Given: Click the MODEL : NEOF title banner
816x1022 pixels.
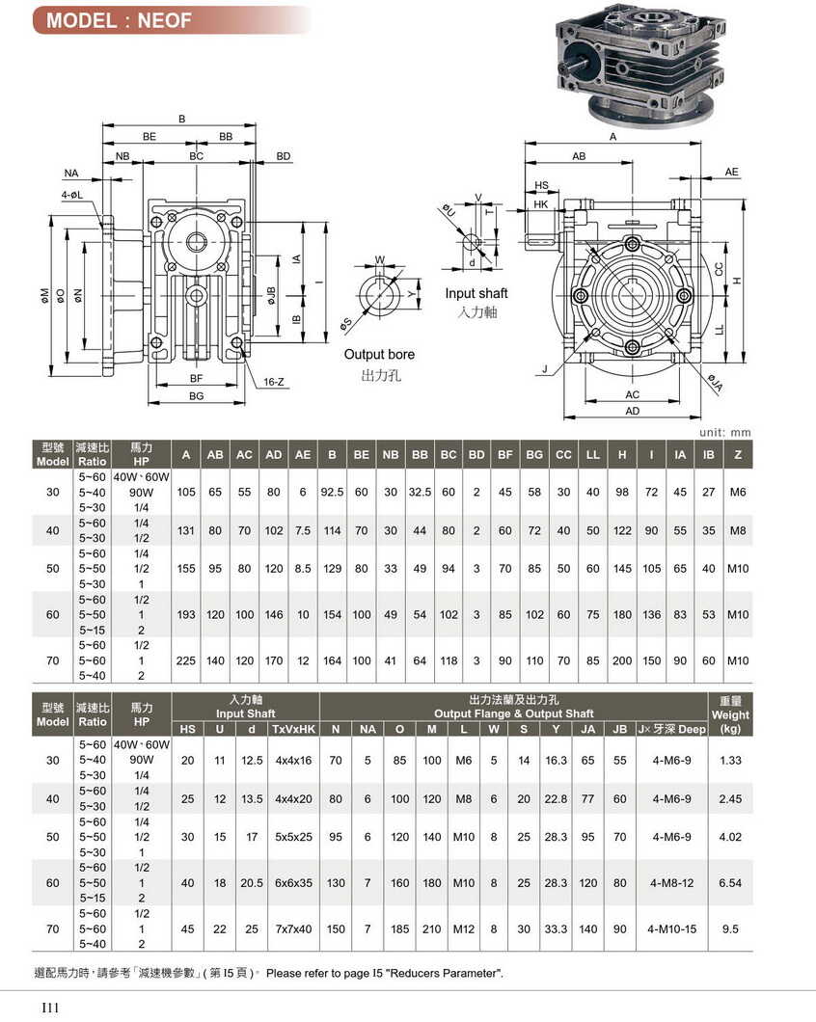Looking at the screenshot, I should (125, 20).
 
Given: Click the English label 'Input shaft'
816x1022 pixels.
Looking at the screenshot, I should (476, 293).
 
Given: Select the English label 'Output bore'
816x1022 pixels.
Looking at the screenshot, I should (379, 355).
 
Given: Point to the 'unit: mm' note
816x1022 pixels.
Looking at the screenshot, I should (724, 433).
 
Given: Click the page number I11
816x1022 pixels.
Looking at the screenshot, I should (50, 1008).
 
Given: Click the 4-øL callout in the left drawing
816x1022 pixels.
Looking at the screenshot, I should (73, 195).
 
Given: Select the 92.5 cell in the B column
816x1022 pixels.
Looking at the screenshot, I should (333, 493).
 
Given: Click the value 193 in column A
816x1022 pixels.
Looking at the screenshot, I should (186, 615).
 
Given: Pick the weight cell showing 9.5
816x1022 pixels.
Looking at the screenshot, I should (730, 929).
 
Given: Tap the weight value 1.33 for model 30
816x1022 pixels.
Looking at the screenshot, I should (730, 761).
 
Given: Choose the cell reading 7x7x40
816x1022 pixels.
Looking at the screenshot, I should (294, 929).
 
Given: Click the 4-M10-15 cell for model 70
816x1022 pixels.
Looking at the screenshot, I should (671, 929).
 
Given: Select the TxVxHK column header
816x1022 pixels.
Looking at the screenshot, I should (294, 729).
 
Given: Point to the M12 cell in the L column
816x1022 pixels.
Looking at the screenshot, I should (464, 929).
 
